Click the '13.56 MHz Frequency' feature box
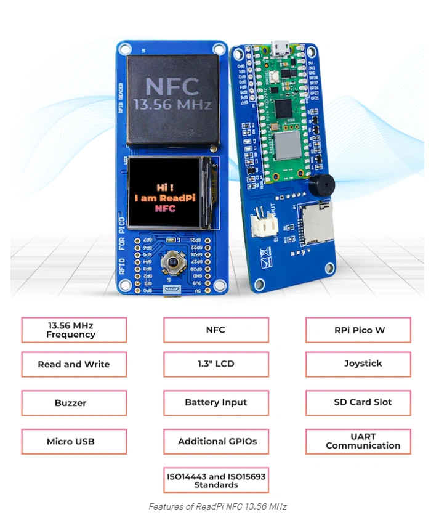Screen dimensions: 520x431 (x=74, y=330)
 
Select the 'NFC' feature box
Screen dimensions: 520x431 (x=216, y=330)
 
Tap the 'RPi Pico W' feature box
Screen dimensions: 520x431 (x=358, y=330)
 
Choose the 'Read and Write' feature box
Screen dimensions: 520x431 (x=74, y=364)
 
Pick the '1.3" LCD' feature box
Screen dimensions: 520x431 (x=216, y=364)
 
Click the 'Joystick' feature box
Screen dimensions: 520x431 (x=358, y=364)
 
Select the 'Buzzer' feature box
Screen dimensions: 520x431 (x=74, y=403)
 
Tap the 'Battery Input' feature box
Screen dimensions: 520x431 (x=216, y=403)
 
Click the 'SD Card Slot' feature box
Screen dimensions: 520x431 (x=358, y=403)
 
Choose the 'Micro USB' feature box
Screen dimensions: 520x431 (x=74, y=442)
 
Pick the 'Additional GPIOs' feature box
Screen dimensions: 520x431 (x=216, y=442)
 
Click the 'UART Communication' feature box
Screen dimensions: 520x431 (x=358, y=442)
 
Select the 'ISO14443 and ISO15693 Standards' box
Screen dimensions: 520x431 (x=216, y=481)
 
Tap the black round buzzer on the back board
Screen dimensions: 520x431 (x=321, y=184)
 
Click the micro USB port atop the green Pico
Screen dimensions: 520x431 (x=282, y=47)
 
